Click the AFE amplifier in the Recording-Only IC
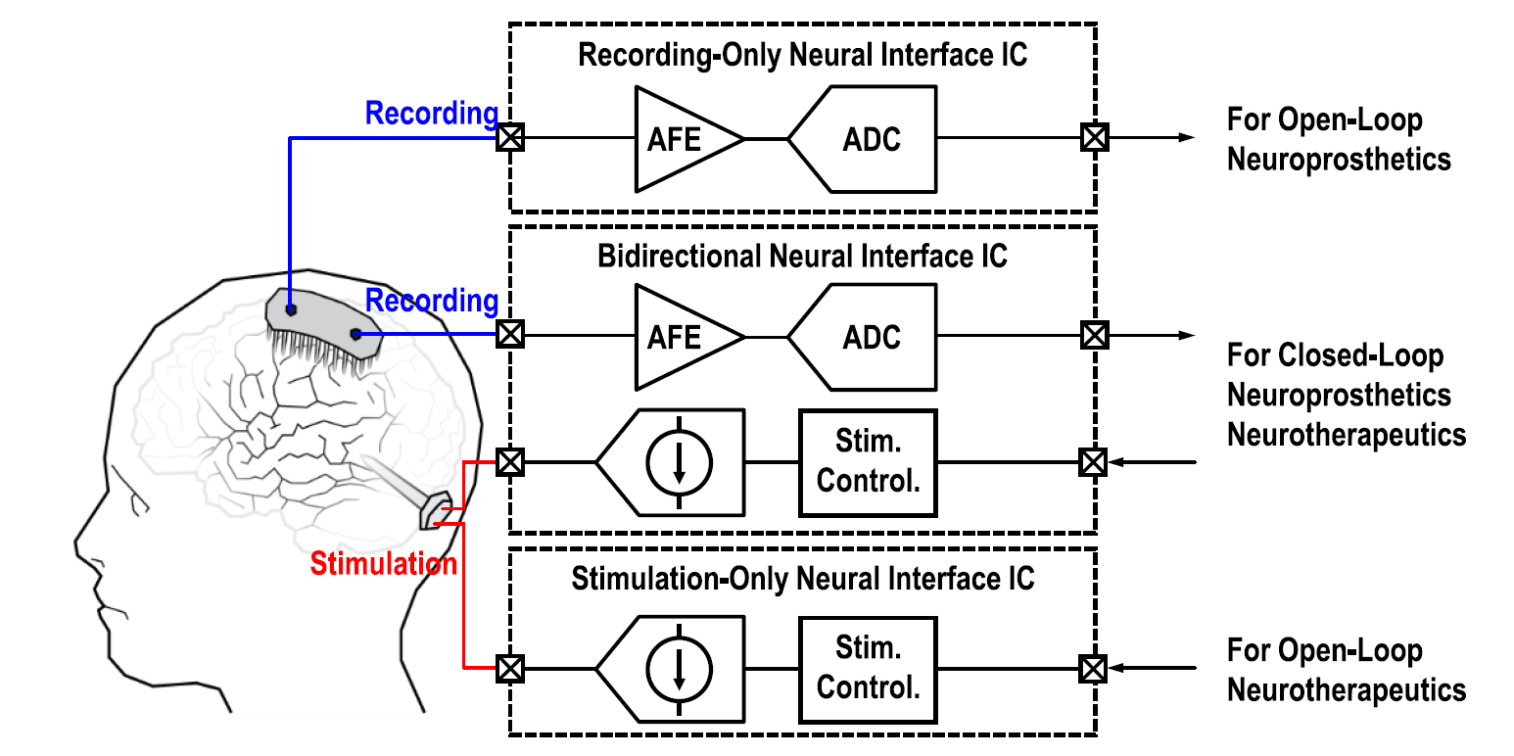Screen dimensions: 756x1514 682,139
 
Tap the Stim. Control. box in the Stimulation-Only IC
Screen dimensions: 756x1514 868,668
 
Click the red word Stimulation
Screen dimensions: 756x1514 383,563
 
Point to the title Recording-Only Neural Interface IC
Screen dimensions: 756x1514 802,55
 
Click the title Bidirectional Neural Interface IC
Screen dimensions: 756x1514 802,257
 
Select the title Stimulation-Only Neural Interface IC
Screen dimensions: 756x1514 802,578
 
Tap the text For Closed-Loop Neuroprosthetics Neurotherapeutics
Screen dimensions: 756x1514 1346,395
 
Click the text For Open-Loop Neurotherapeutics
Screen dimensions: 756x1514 1346,671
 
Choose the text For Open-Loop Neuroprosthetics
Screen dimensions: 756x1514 1338,140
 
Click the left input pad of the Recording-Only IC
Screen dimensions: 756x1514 509,138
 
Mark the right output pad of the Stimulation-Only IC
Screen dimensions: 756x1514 1094,669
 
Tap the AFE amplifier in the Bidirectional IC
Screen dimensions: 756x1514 682,337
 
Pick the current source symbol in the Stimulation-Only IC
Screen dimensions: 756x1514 678,668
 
